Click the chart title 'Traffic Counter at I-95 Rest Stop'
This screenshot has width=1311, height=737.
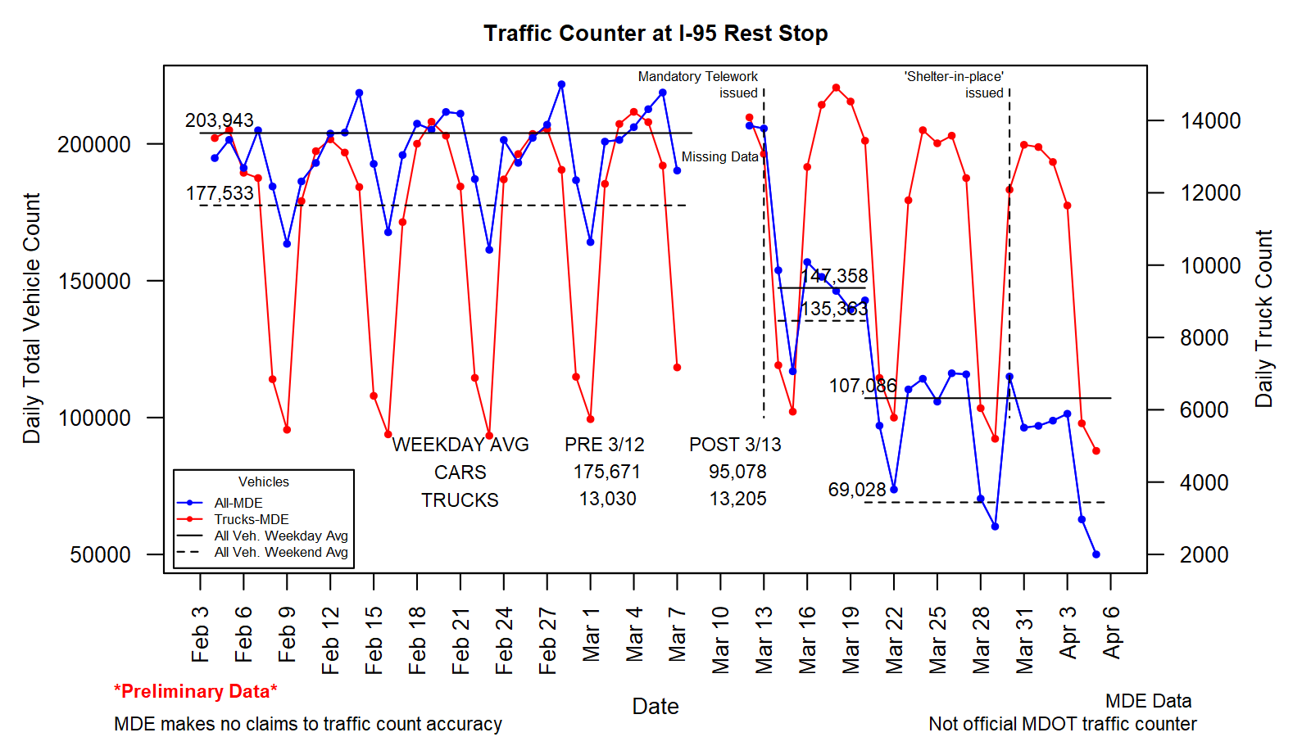[x=655, y=34]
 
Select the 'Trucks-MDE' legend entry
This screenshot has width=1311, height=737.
[x=251, y=519]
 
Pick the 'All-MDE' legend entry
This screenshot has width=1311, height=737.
[x=238, y=503]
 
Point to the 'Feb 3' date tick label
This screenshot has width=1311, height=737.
[x=200, y=634]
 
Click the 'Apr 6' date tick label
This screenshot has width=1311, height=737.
[x=1111, y=632]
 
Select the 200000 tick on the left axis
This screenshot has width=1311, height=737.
[x=94, y=144]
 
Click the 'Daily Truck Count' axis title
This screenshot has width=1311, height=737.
[x=1264, y=319]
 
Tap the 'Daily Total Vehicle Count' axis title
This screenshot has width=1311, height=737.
[x=32, y=319]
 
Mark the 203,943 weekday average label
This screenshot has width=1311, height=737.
[x=220, y=120]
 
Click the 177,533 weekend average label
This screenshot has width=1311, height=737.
[x=220, y=193]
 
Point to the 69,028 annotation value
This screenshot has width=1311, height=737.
[x=857, y=490]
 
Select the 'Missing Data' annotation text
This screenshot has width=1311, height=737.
[x=719, y=157]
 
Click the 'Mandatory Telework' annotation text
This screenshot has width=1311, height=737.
[x=698, y=77]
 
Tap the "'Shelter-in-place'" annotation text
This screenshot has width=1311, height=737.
[x=954, y=77]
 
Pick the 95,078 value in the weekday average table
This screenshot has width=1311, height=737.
[x=737, y=472]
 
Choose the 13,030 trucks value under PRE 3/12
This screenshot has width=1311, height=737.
[x=607, y=499]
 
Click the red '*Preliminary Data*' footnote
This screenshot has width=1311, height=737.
[x=196, y=691]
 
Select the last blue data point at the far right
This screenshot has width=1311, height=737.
[x=1096, y=554]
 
